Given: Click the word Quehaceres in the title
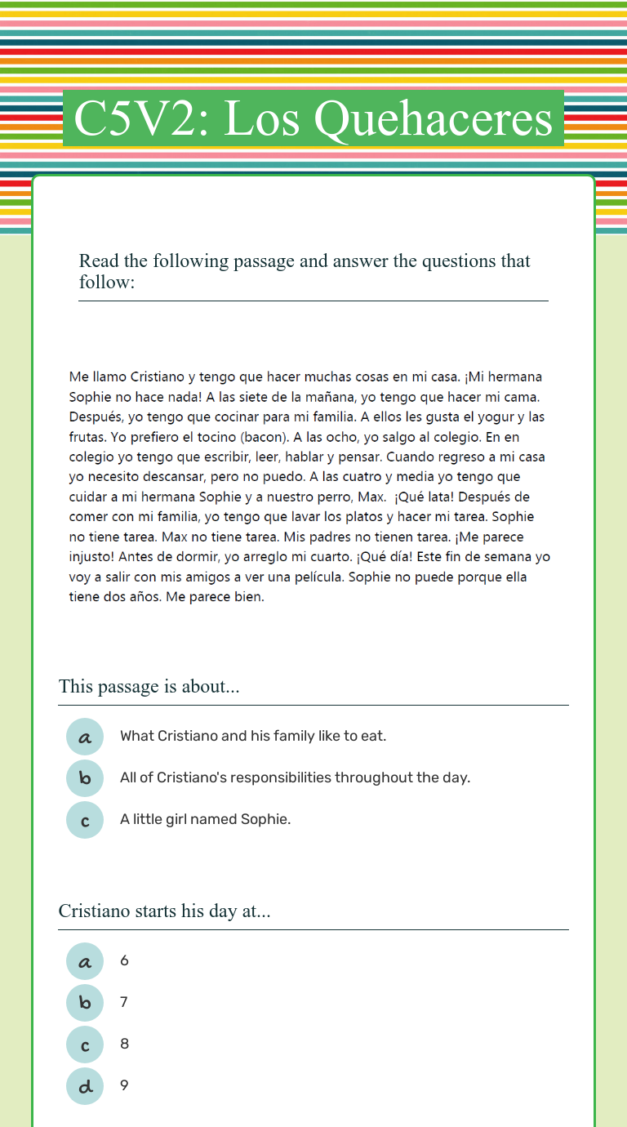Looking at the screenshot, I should click(434, 119).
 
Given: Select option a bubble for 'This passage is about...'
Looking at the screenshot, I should click(85, 737).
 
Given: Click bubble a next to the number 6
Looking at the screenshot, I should click(85, 961).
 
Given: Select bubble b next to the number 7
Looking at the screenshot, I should click(85, 1003).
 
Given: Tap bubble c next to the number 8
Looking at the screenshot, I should click(85, 1045).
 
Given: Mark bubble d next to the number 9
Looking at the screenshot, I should click(85, 1086).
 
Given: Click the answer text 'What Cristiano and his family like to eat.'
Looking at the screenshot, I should click(253, 736).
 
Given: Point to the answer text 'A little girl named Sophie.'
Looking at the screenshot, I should click(205, 819).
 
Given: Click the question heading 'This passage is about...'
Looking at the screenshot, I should click(149, 687).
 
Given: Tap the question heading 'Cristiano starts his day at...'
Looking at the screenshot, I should click(165, 911).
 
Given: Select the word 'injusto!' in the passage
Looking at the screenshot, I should click(94, 557).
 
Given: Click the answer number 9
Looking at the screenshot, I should click(124, 1085).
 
